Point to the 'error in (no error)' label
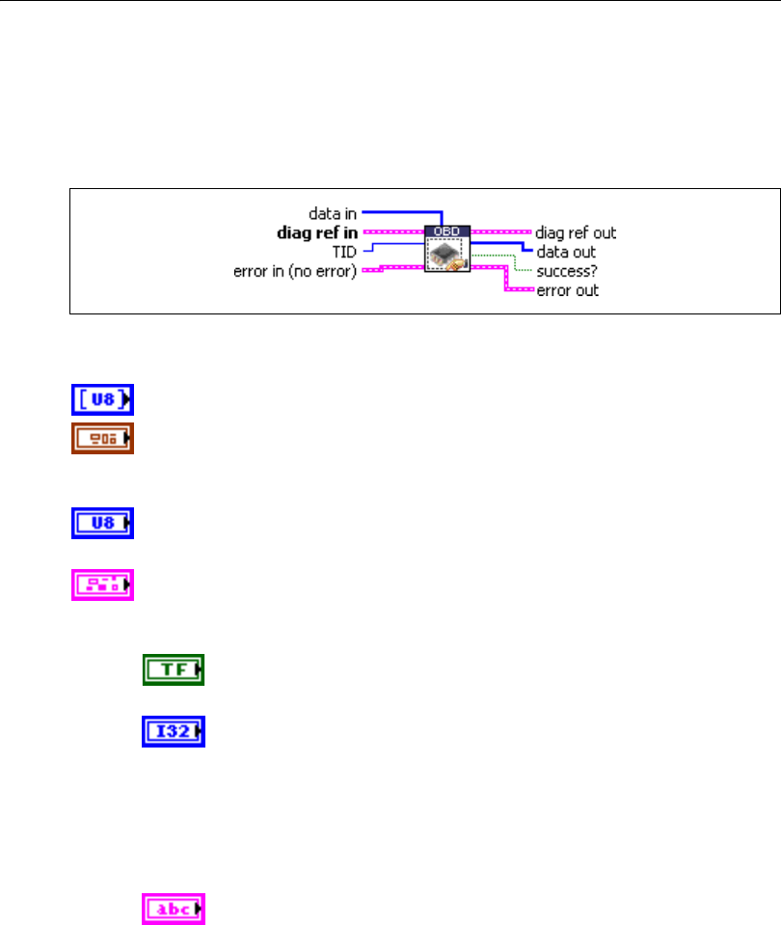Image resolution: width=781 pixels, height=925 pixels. pos(295,271)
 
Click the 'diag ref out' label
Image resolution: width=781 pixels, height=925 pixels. pos(576,232)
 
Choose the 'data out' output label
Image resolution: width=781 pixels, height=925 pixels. pos(566,252)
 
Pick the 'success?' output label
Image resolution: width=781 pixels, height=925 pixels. pos(565,270)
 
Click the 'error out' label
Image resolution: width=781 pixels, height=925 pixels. pos(567,289)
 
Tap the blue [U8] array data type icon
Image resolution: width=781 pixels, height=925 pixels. pos(102,399)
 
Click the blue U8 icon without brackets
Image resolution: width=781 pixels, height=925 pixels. pos(102,524)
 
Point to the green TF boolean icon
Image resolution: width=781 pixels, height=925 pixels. pos(175,669)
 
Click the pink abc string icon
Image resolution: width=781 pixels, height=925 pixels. pos(175,908)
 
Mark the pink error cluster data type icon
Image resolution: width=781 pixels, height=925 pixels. pos(102,585)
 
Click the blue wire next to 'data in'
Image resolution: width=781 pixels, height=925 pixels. pos(400,210)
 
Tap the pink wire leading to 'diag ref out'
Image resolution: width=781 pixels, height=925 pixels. pos(501,232)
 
